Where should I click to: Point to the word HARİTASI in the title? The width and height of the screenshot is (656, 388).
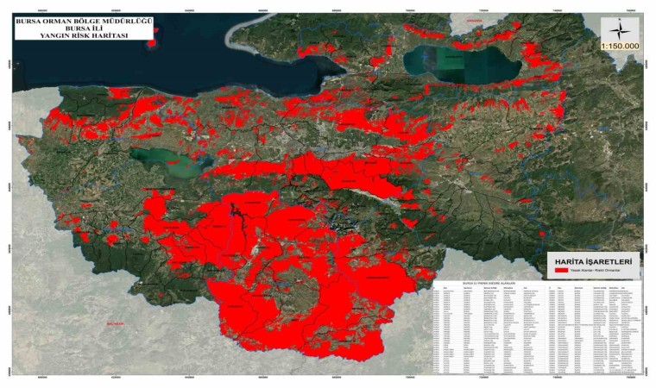pyautogui.click(x=108, y=34)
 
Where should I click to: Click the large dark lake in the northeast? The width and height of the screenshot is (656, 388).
pyautogui.click(x=457, y=62)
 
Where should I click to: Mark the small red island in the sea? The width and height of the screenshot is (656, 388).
pyautogui.click(x=152, y=42)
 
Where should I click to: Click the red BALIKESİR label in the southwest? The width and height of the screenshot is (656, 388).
pyautogui.click(x=115, y=323)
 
